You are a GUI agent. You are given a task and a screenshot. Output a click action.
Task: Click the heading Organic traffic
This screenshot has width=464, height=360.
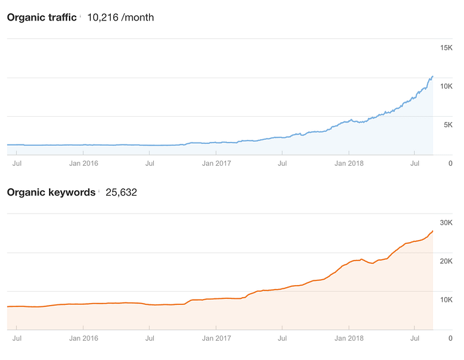[41, 17]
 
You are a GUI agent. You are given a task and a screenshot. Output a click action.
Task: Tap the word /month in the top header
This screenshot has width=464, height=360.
[138, 17]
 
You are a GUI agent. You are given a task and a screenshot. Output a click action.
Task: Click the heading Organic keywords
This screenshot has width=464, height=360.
[51, 192]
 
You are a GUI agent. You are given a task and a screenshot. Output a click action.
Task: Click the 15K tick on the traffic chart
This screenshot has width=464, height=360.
[446, 48]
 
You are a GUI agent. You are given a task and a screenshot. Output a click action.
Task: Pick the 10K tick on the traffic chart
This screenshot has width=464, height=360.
[446, 86]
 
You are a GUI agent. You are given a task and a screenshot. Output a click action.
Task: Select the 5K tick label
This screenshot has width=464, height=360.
[447, 125]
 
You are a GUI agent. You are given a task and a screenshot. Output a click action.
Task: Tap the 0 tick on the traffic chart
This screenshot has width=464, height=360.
[450, 162]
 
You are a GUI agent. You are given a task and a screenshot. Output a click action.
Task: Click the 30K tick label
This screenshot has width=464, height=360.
[446, 223]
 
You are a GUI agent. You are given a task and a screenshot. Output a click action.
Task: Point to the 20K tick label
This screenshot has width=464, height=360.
[446, 261]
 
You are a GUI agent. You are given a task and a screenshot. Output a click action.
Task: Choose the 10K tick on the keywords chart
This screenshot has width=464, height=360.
[446, 300]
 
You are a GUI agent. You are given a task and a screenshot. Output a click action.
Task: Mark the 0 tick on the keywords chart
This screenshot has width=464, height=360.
[450, 337]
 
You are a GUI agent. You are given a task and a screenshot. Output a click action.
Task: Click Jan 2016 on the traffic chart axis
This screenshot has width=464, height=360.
[83, 162]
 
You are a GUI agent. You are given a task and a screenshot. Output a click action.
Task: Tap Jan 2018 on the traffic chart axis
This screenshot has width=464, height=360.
[349, 162]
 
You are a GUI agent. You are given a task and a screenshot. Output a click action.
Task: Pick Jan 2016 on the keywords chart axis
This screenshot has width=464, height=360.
[83, 337]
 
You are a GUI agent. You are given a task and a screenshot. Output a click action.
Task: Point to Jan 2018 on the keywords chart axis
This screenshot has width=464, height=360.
[349, 337]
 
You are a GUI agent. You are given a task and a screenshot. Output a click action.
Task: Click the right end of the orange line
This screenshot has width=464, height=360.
[433, 231]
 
